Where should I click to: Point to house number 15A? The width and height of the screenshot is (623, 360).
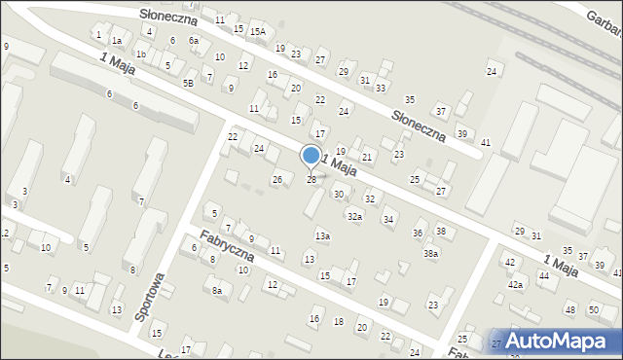(257, 31)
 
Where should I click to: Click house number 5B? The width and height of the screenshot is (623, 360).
(188, 83)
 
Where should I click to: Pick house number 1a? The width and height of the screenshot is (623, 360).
(117, 41)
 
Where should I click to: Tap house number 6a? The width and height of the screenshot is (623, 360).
(194, 40)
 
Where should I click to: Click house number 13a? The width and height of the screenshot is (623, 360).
(322, 235)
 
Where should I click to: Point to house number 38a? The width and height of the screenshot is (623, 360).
(430, 253)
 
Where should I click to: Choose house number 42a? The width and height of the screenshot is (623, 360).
(515, 284)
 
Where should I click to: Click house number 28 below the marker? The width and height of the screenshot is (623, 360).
(311, 180)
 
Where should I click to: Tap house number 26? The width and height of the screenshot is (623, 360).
(277, 180)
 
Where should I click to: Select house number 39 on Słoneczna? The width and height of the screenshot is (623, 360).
(462, 133)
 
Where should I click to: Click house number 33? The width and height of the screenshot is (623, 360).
(381, 88)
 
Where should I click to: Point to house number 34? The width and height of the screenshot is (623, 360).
(388, 220)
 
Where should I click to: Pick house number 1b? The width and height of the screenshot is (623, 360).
(141, 54)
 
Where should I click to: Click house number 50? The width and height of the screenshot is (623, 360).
(594, 309)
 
